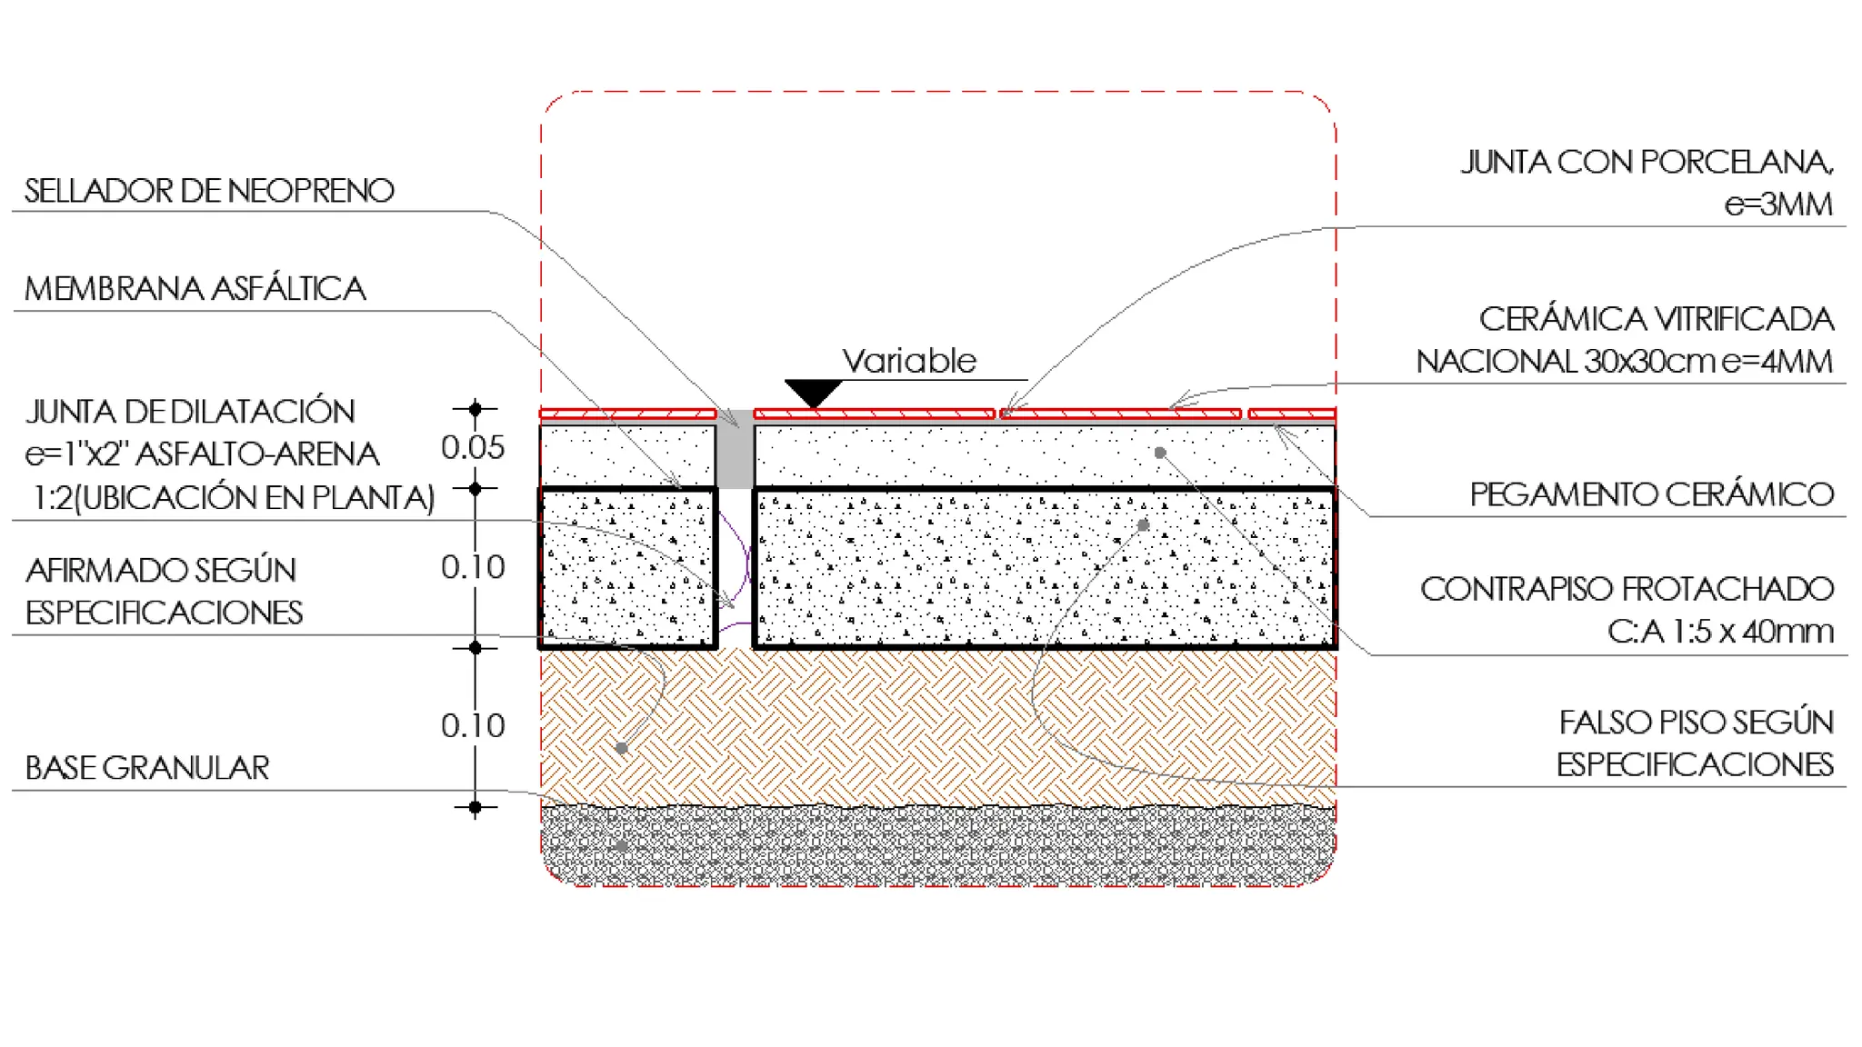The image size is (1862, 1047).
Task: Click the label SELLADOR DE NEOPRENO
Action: coord(209,191)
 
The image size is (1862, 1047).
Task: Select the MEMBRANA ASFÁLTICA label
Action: coord(195,289)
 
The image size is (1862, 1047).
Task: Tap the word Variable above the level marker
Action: coord(908,361)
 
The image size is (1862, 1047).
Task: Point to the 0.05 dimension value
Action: coord(473,447)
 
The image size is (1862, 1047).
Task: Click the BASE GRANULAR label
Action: coord(147,768)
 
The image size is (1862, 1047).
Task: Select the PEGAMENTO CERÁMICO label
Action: coord(1652,494)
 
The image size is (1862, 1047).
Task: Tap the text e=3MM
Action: coord(1779,204)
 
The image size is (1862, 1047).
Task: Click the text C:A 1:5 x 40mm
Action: coord(1720,632)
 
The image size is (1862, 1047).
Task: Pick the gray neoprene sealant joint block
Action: coord(735,450)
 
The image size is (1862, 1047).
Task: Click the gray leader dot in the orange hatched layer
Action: coord(621,748)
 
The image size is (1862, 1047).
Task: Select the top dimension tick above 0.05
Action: coord(475,409)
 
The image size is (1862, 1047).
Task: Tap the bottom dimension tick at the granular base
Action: coord(475,807)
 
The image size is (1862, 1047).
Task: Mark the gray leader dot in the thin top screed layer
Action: coord(1160,453)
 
